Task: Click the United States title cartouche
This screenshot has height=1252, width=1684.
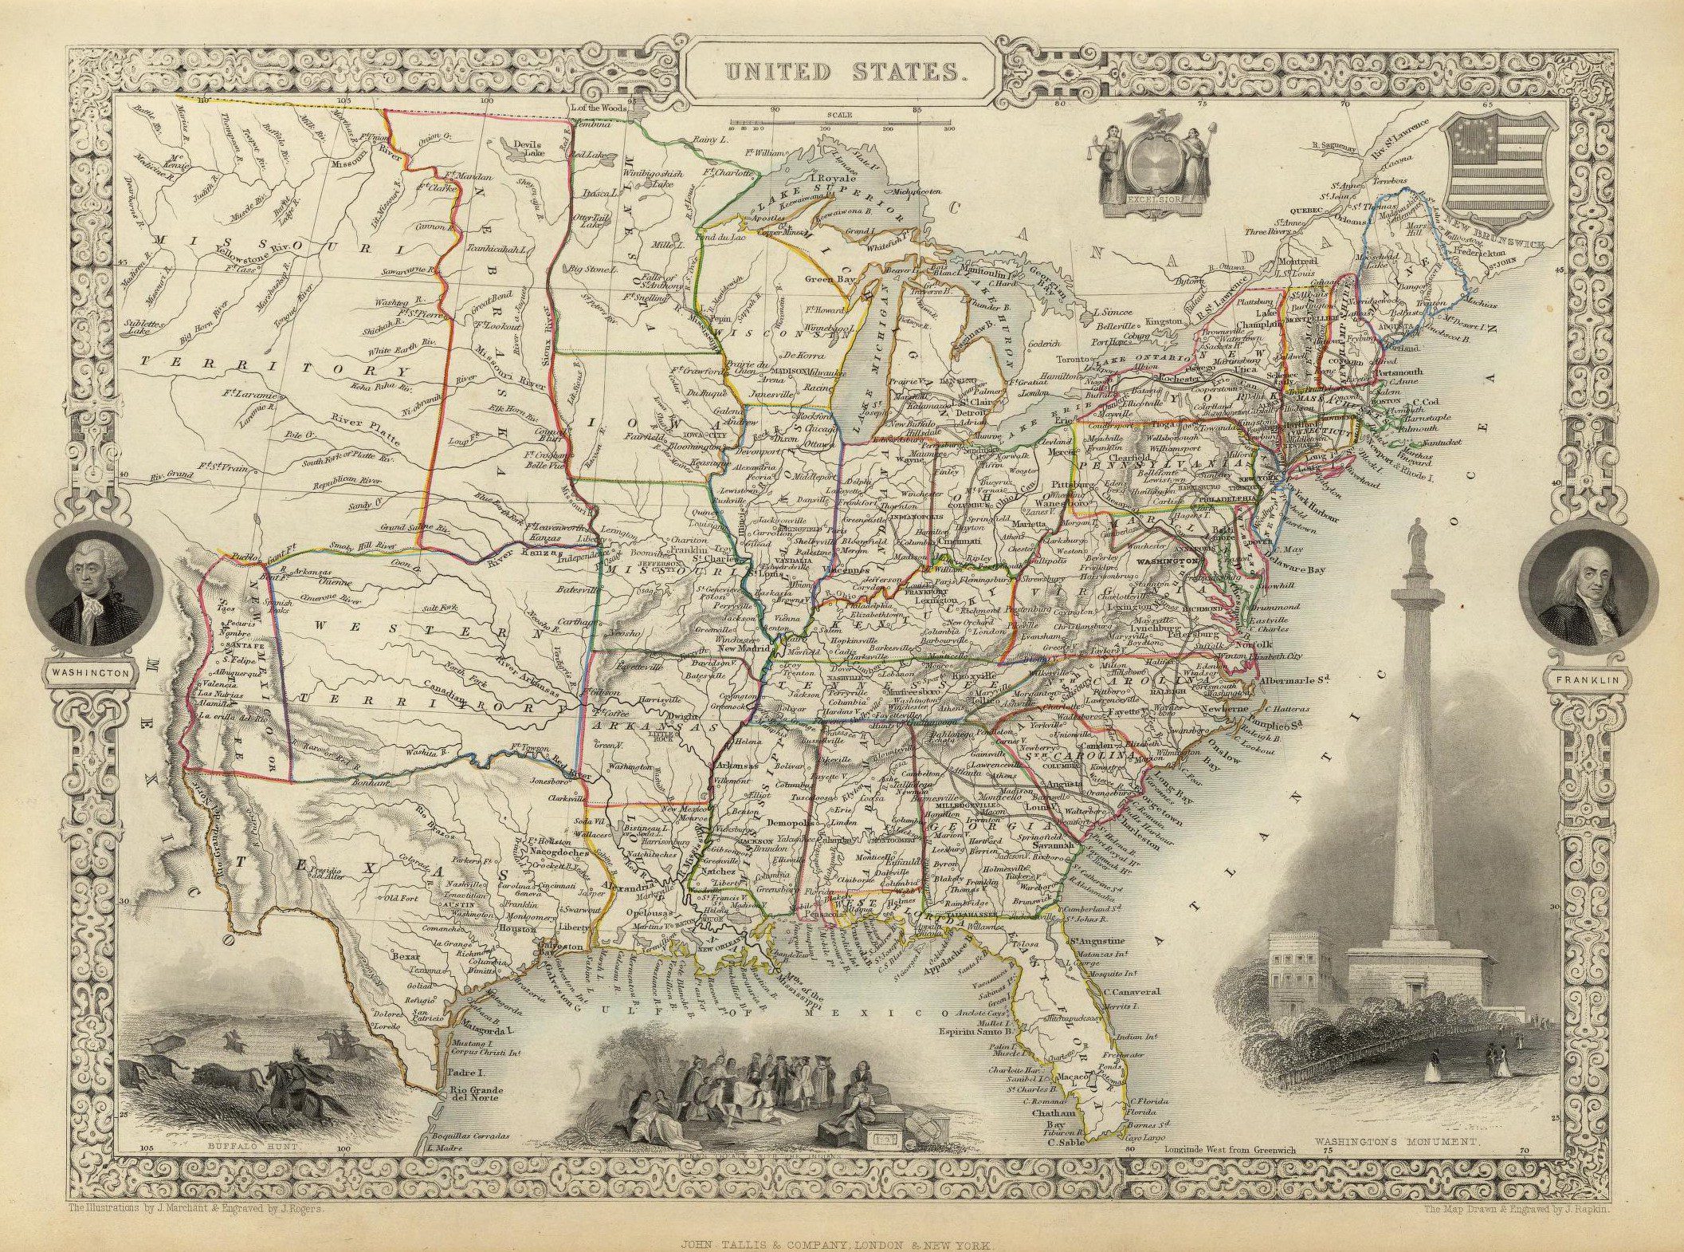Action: [x=842, y=71]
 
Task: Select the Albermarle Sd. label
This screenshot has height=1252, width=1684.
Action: [x=1297, y=680]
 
